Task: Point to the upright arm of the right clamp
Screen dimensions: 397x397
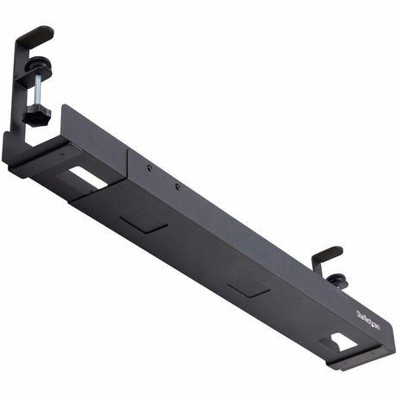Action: point(315,268)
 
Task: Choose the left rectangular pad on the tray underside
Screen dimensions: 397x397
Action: point(144,223)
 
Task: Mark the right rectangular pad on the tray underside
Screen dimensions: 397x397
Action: point(249,287)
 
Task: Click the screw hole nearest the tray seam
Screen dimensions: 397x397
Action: point(148,168)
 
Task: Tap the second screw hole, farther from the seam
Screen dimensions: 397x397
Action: point(178,185)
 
